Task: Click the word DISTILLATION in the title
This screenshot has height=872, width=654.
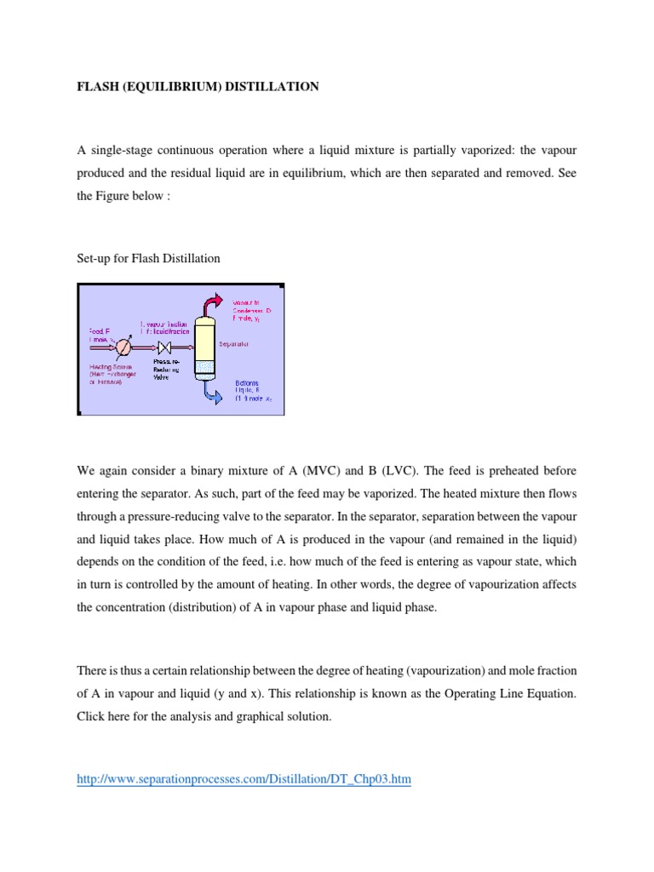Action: (272, 87)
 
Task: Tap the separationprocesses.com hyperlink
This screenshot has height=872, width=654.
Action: (244, 779)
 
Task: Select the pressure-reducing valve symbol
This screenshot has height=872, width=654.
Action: (164, 347)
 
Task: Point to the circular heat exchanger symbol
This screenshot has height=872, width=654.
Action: (124, 347)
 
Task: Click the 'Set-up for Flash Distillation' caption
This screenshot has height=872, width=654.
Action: (148, 258)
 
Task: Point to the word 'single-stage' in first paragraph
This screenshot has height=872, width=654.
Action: (120, 150)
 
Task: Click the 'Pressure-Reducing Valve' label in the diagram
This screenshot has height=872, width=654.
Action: (166, 367)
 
